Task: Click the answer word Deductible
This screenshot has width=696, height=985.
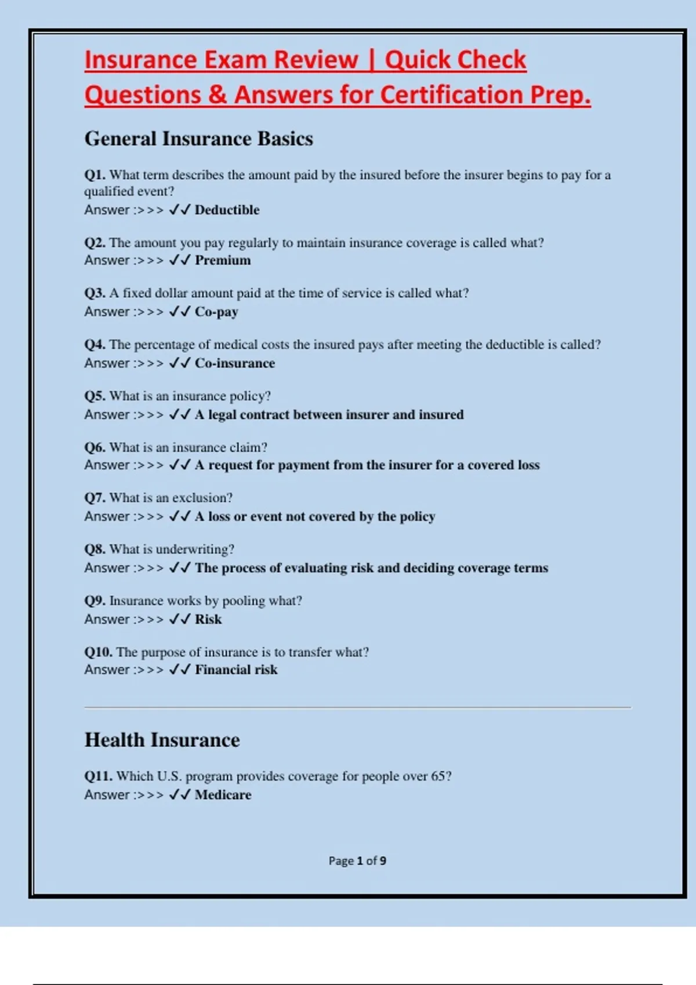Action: click(227, 210)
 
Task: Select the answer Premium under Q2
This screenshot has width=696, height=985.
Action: click(223, 260)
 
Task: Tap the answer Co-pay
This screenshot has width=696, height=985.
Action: click(216, 312)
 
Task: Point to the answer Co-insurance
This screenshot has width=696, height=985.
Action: click(235, 363)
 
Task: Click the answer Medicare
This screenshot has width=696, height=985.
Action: click(223, 795)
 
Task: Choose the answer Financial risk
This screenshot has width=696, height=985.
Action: click(236, 670)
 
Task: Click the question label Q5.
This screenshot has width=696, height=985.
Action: click(95, 396)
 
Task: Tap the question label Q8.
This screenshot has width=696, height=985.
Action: click(95, 549)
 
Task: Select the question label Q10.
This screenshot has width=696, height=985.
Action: click(98, 652)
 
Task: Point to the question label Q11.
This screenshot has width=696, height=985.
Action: click(98, 776)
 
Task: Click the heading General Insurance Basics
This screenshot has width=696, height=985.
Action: click(198, 139)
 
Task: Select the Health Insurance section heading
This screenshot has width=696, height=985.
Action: click(162, 740)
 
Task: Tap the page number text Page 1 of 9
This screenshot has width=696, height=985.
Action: click(357, 861)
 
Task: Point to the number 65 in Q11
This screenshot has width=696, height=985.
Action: click(438, 776)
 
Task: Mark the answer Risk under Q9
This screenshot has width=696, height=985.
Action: click(208, 619)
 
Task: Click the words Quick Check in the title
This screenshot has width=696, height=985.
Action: click(455, 60)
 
